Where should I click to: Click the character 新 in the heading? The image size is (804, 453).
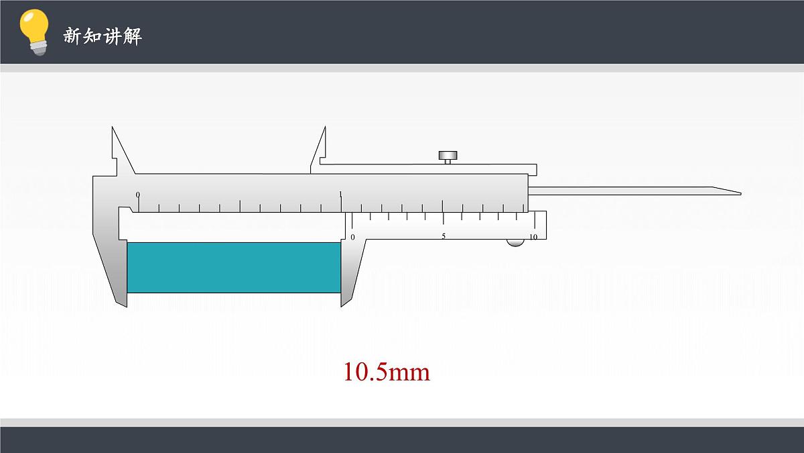pyautogui.click(x=72, y=36)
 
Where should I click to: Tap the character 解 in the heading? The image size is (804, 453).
pyautogui.click(x=132, y=36)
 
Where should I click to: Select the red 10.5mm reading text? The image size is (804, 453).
pyautogui.click(x=387, y=372)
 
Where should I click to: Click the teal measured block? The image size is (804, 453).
pyautogui.click(x=234, y=268)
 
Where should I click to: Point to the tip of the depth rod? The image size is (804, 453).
pyautogui.click(x=741, y=193)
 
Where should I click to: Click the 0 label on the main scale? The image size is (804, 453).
pyautogui.click(x=138, y=195)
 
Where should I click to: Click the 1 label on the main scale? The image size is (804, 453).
pyautogui.click(x=340, y=195)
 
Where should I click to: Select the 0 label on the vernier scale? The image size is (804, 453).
pyautogui.click(x=353, y=238)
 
